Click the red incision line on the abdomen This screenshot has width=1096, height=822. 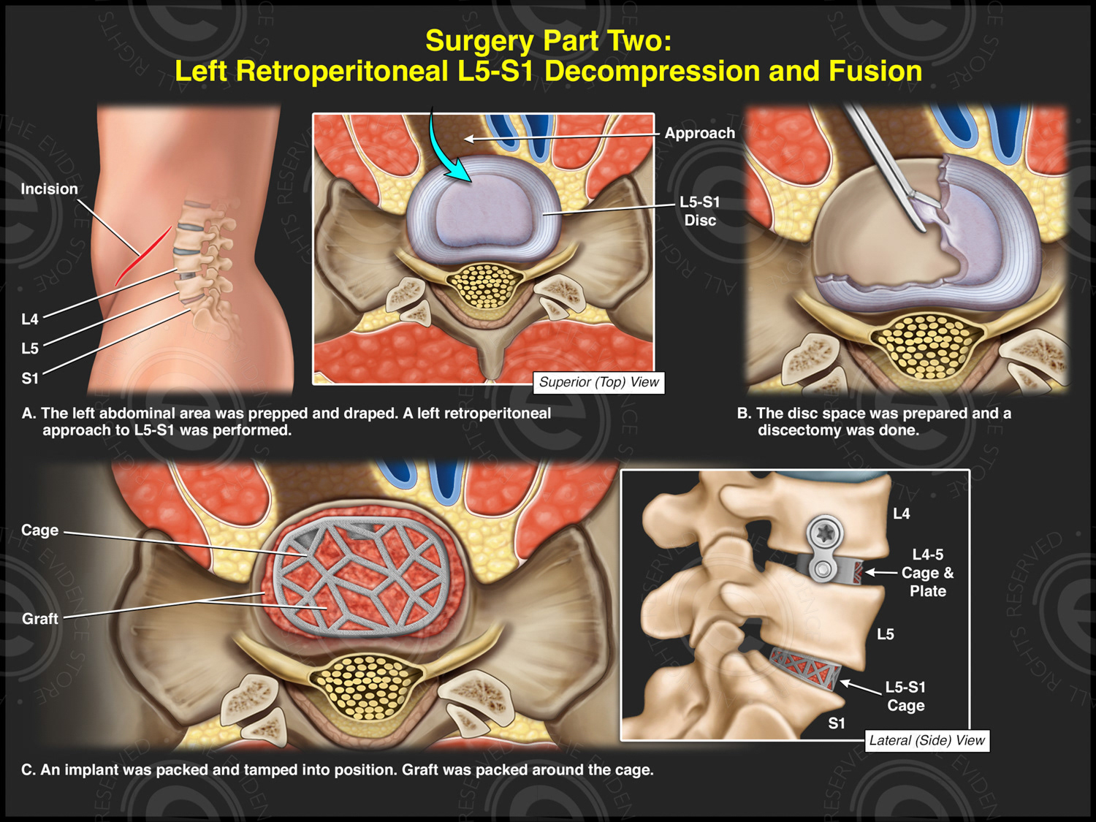[143, 256]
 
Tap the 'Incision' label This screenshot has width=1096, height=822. [49, 189]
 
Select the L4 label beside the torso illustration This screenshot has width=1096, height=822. [30, 319]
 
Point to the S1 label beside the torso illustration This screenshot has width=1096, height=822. [30, 378]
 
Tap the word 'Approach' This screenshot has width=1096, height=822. [699, 133]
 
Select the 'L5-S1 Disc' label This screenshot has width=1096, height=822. [699, 211]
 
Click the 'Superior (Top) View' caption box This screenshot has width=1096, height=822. [598, 382]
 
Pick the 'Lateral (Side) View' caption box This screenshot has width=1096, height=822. [926, 740]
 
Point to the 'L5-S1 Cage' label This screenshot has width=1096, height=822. [905, 696]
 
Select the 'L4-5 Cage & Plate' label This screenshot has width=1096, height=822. [927, 573]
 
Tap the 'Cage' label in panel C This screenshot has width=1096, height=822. [39, 530]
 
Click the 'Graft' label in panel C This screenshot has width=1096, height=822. [39, 619]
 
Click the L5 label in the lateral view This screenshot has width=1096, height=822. [885, 634]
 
